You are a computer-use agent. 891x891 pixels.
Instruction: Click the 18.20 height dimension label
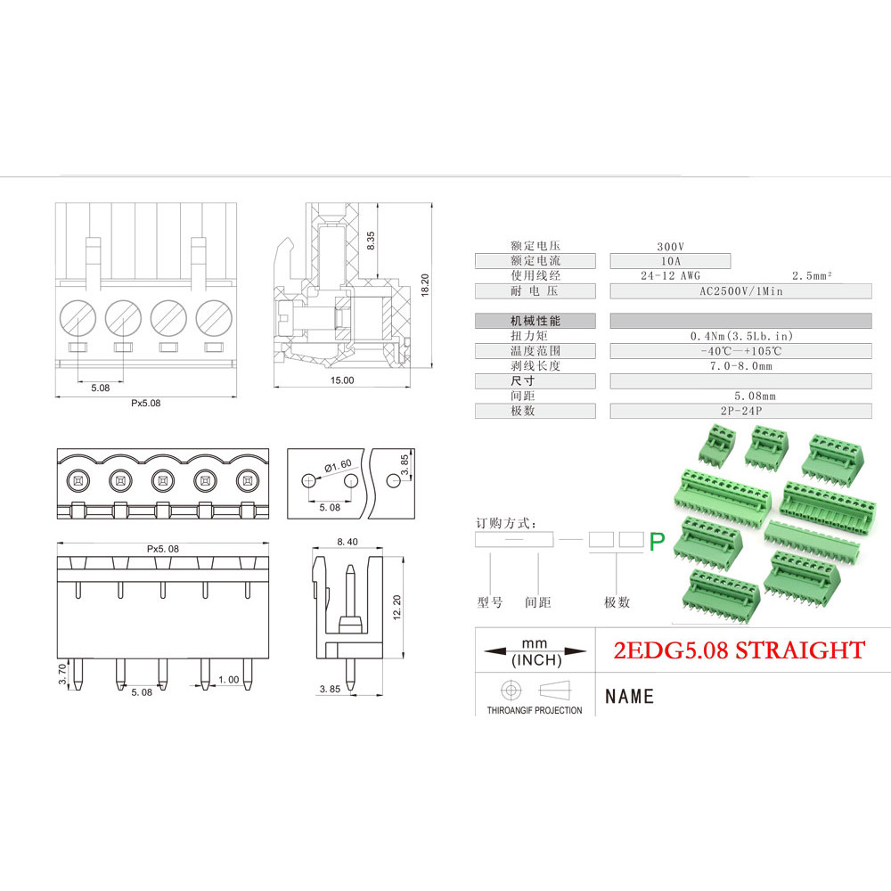[x=425, y=285]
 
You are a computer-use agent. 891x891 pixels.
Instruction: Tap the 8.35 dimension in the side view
[x=371, y=241]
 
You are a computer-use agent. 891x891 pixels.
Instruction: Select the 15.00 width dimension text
[x=342, y=380]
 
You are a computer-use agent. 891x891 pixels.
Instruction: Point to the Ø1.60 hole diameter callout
[x=338, y=466]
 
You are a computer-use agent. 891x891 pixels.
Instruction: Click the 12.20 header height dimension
[x=396, y=607]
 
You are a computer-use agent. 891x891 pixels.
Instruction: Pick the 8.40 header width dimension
[x=347, y=542]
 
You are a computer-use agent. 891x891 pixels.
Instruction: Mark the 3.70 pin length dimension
[x=62, y=674]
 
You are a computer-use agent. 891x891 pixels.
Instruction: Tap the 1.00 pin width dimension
[x=229, y=680]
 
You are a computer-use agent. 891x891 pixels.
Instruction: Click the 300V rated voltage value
[x=671, y=247]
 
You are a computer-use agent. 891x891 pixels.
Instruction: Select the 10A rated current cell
[x=671, y=261]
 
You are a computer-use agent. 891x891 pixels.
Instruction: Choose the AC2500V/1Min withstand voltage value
[x=741, y=291]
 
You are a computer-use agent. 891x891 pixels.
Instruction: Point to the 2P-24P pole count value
[x=741, y=411]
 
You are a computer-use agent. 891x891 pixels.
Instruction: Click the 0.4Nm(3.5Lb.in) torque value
[x=741, y=337]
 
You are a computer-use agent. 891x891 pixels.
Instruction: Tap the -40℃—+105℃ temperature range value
[x=741, y=351]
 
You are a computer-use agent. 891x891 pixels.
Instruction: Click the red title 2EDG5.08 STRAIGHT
[x=740, y=650]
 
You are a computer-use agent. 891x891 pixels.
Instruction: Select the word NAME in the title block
[x=630, y=697]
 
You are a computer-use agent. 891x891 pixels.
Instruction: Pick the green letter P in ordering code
[x=657, y=542]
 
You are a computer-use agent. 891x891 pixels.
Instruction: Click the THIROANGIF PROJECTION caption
[x=534, y=710]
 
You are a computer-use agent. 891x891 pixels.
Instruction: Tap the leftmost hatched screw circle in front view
[x=78, y=318]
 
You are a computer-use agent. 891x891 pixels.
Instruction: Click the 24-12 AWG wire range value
[x=671, y=276]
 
